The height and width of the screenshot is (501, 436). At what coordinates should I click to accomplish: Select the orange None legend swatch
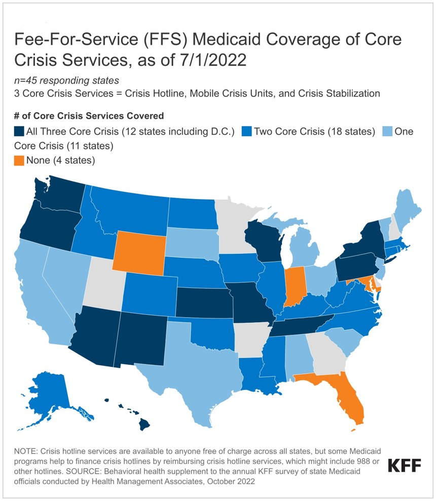tap(19, 160)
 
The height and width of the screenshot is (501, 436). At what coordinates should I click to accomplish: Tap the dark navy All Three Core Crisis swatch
tap(19, 132)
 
